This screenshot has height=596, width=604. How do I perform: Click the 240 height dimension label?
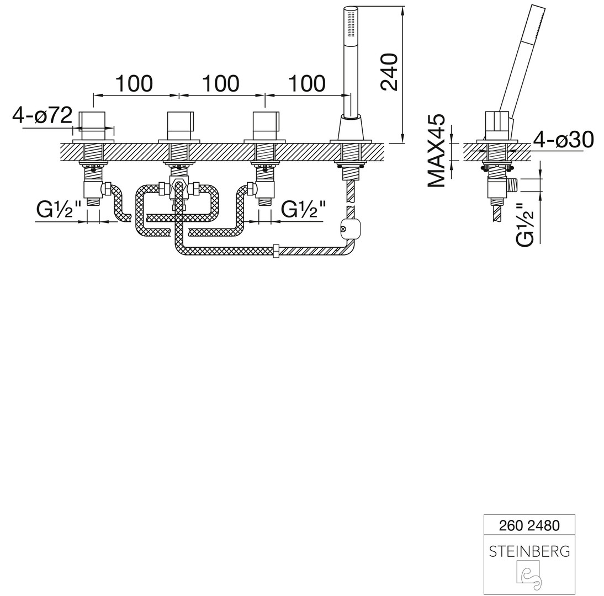pyautogui.click(x=389, y=72)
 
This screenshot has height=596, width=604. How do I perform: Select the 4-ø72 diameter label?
pyautogui.click(x=43, y=115)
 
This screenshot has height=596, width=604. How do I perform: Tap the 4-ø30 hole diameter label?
pyautogui.click(x=563, y=140)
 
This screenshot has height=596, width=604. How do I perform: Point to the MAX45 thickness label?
pyautogui.click(x=437, y=151)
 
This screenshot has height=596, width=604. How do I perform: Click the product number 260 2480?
pyautogui.click(x=529, y=525)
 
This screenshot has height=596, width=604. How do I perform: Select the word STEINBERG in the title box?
pyautogui.click(x=529, y=552)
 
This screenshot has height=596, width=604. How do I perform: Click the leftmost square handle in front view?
pyautogui.click(x=92, y=125)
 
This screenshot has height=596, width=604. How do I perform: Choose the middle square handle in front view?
pyautogui.click(x=181, y=125)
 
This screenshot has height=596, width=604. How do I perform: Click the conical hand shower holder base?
pyautogui.click(x=351, y=127)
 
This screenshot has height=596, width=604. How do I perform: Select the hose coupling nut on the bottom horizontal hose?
pyautogui.click(x=276, y=251)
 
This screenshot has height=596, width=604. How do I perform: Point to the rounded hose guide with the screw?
pyautogui.click(x=351, y=229)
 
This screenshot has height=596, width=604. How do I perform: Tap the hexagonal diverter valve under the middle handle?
pyautogui.click(x=178, y=188)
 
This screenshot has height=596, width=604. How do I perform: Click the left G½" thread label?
pyautogui.click(x=59, y=210)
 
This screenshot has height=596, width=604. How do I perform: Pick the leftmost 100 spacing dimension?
pyautogui.click(x=134, y=83)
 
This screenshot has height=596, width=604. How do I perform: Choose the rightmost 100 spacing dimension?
pyautogui.click(x=307, y=83)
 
